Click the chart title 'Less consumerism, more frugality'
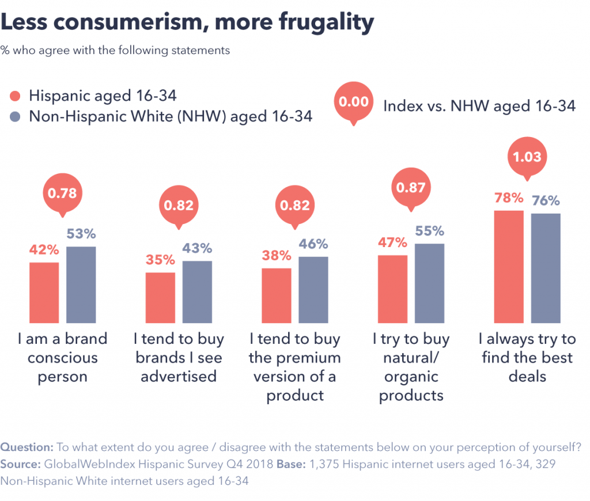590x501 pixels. click(187, 22)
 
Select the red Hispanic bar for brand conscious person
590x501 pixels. click(44, 292)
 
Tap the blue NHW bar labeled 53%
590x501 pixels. click(81, 284)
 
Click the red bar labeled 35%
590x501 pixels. click(160, 297)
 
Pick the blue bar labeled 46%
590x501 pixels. click(313, 289)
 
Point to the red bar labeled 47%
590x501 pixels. click(393, 289)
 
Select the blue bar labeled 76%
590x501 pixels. click(546, 268)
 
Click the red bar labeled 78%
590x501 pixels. click(509, 266)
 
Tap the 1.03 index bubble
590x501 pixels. click(527, 156)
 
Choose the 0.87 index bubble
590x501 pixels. click(411, 187)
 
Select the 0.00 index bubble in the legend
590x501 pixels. click(353, 102)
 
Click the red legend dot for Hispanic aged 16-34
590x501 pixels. click(16, 96)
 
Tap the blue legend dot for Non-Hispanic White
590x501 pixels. click(16, 116)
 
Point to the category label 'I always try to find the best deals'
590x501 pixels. click(527, 358)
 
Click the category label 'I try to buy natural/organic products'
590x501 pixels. click(411, 367)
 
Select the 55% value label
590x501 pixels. click(429, 231)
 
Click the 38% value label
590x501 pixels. click(277, 256)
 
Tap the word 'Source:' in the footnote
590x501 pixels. click(20, 464)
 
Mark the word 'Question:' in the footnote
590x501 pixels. click(27, 447)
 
